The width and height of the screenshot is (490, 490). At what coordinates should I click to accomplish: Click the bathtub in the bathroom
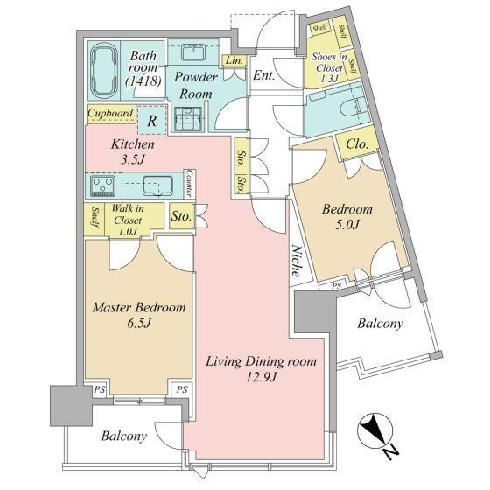[x=103, y=71]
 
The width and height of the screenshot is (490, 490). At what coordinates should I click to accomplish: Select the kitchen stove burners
[x=103, y=186]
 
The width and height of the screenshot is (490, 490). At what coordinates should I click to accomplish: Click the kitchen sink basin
[x=158, y=185]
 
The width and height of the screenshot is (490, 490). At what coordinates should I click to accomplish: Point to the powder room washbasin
[x=193, y=52]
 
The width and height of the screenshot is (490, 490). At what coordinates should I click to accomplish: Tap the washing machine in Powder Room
[x=188, y=119]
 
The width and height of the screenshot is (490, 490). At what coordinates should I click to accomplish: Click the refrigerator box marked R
[x=152, y=121]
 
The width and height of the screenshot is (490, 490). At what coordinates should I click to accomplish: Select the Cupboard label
[x=110, y=113]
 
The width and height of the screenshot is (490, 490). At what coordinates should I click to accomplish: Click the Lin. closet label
[x=234, y=60]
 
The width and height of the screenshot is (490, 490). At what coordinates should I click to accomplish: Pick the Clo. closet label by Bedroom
[x=356, y=144]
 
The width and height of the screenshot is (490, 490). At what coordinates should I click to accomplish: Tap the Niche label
[x=297, y=262]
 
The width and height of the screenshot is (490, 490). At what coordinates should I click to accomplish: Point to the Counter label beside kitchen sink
[x=189, y=183]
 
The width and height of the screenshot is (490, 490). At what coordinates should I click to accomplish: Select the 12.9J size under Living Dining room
[x=262, y=378]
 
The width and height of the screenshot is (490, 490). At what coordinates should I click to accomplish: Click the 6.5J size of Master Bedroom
[x=139, y=324]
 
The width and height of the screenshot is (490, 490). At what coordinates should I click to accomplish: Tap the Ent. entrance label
[x=263, y=75]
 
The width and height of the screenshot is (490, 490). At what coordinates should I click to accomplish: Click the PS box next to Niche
[x=336, y=286]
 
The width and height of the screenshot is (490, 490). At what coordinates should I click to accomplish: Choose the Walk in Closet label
[x=128, y=220]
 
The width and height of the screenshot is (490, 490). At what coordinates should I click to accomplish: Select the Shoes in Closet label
[x=329, y=67]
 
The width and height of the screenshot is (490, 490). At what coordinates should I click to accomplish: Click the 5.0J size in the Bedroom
[x=347, y=224]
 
